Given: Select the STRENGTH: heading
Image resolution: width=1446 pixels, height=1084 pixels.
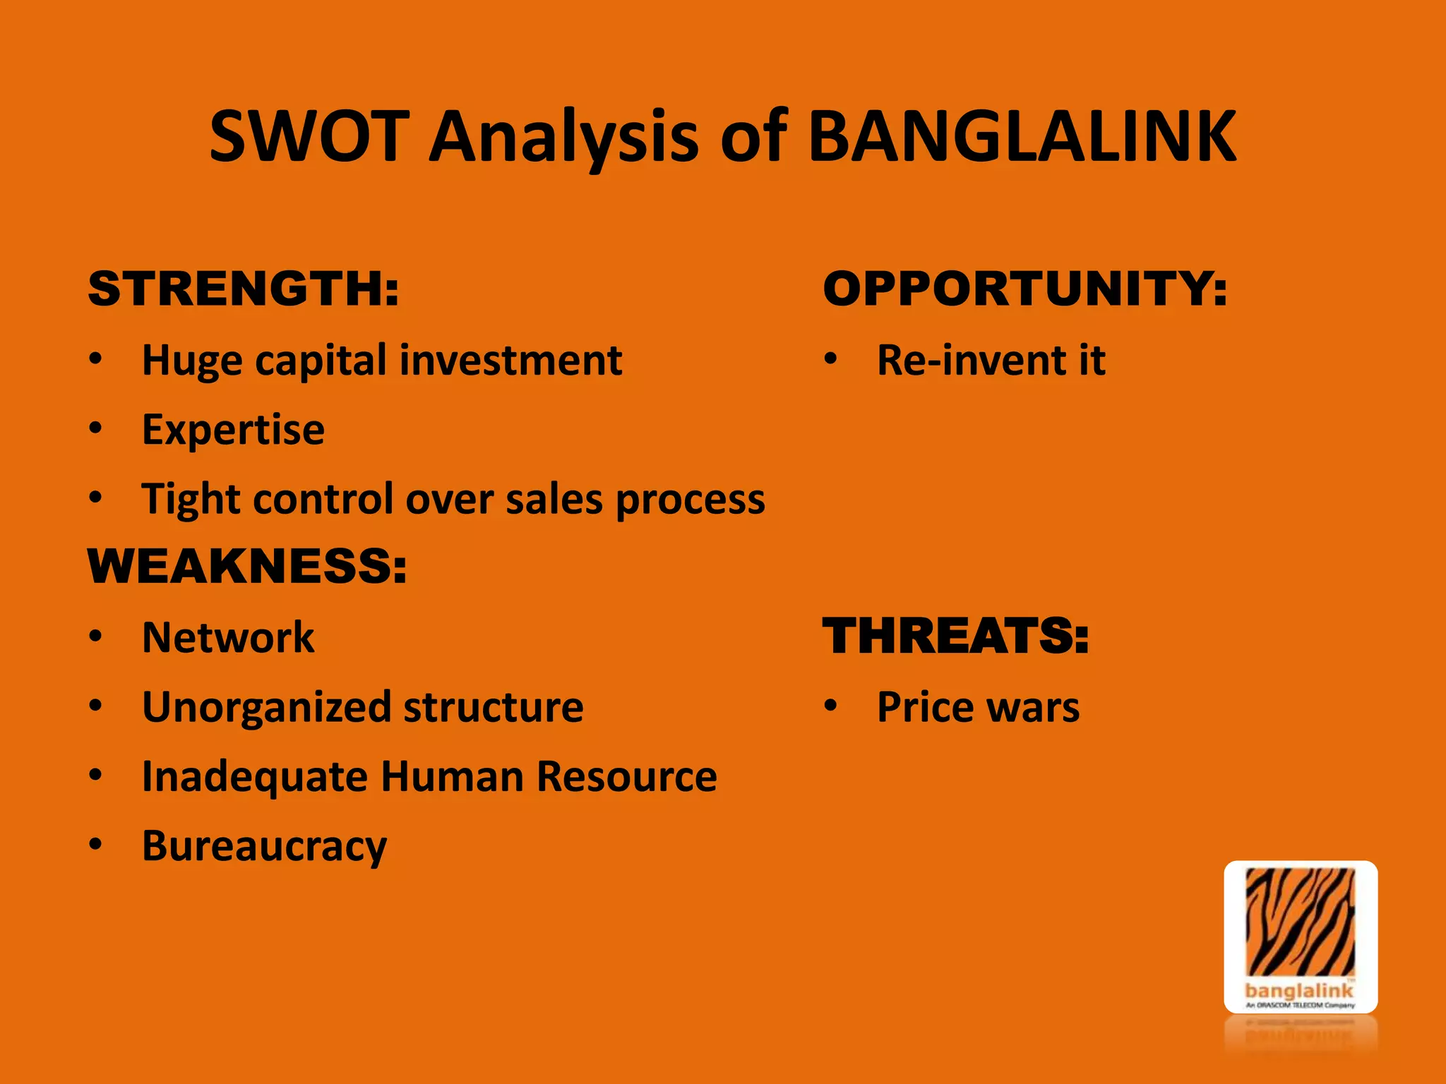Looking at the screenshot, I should [x=244, y=289].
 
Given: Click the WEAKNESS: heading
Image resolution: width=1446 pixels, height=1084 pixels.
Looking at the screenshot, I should [x=247, y=566].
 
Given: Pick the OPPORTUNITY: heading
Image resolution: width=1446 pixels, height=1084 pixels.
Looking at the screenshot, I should [x=1025, y=289].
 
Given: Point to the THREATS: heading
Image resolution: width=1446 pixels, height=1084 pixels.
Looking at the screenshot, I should [x=956, y=636].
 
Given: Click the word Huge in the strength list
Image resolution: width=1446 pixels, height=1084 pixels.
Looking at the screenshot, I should [x=193, y=361].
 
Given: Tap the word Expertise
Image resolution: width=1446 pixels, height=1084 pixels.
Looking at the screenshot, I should [x=233, y=430].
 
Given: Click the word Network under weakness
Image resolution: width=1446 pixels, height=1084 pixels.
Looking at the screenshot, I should [x=228, y=637].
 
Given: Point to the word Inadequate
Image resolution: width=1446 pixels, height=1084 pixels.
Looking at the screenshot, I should [x=255, y=776].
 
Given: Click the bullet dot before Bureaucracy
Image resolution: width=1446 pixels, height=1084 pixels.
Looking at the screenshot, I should [x=96, y=843].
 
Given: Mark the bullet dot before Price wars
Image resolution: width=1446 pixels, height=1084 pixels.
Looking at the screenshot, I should [x=831, y=704].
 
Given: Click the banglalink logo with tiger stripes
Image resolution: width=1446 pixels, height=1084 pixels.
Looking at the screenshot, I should [x=1301, y=937].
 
